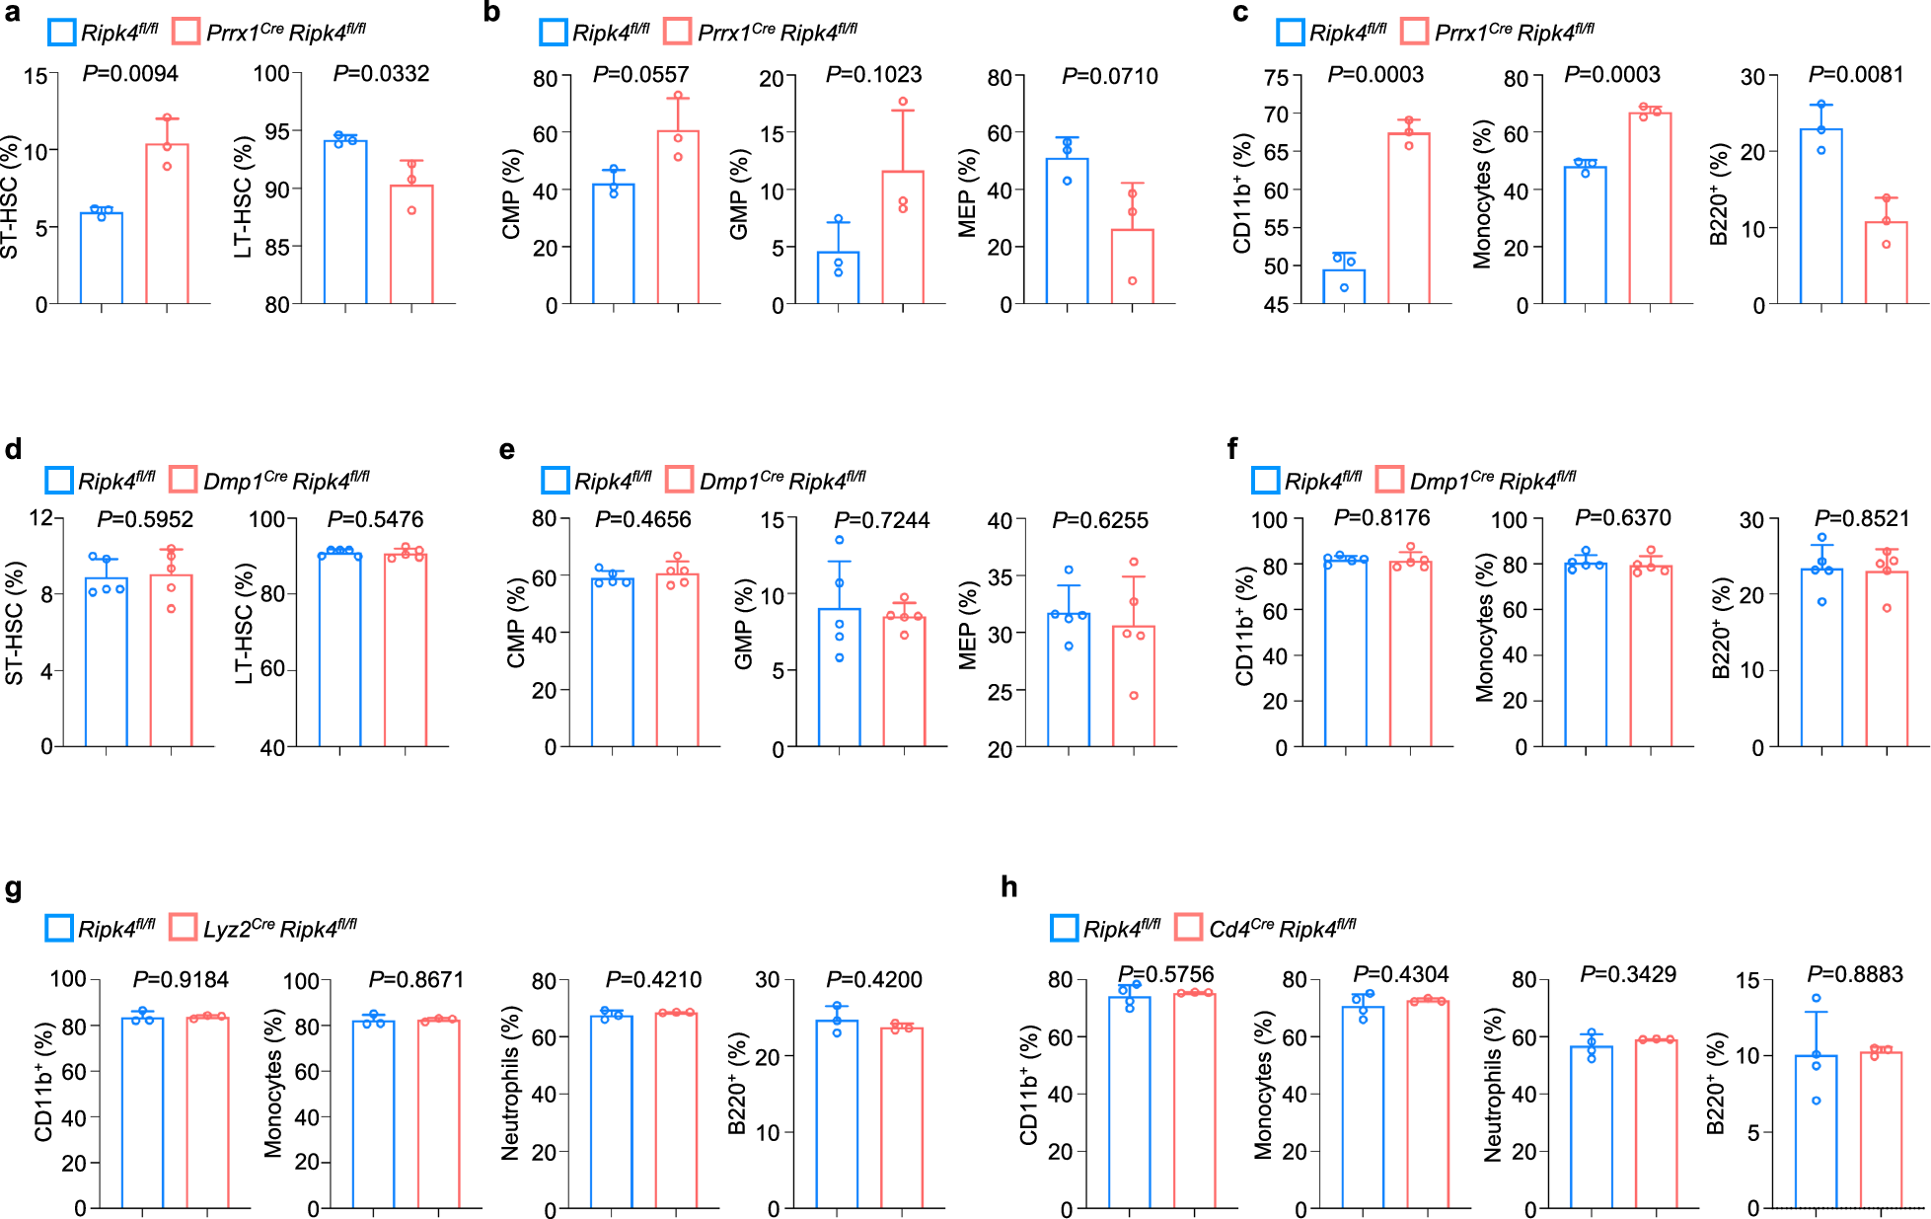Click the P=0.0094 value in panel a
(130, 73)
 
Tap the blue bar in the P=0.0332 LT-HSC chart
(345, 223)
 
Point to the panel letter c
(1240, 13)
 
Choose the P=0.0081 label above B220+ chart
(1855, 74)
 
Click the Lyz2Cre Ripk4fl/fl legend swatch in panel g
(183, 927)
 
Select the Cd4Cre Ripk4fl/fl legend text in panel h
(1282, 929)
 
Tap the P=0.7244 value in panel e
(881, 520)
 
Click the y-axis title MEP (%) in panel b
(968, 192)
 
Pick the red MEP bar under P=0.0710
(1132, 267)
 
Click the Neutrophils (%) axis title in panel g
(510, 1083)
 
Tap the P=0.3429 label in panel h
(1628, 974)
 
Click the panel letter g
(14, 888)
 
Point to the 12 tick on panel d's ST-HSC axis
(40, 518)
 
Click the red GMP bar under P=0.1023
(903, 238)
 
